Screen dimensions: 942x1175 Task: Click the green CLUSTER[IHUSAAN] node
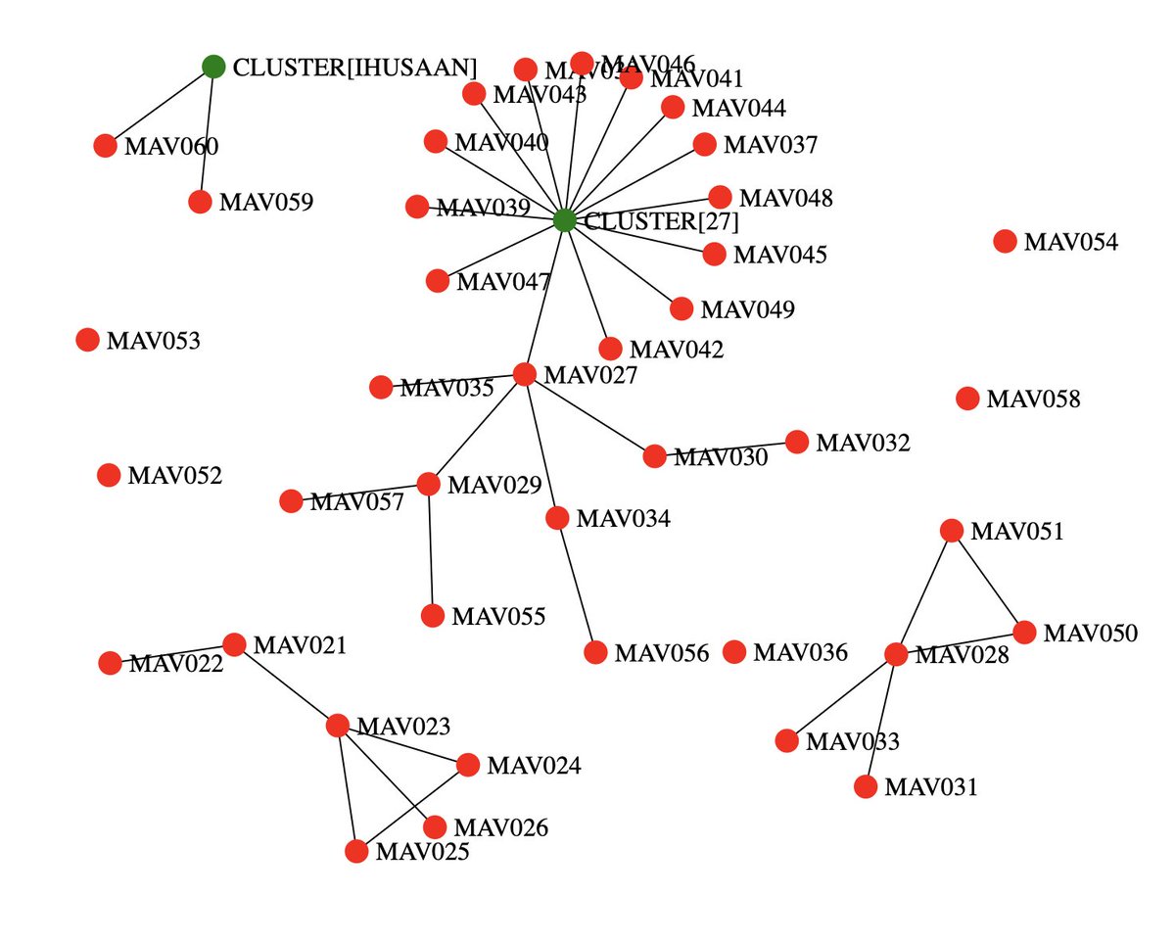point(213,67)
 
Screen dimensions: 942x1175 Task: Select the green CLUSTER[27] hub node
point(564,220)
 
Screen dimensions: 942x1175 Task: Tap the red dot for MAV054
point(1005,241)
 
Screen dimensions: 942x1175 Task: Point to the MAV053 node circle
point(87,340)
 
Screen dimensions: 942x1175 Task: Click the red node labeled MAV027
point(524,373)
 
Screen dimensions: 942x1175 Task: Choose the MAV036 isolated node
point(734,651)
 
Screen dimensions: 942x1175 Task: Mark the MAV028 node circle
point(896,654)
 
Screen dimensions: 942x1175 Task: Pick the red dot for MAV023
point(337,726)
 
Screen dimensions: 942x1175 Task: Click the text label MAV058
point(1033,400)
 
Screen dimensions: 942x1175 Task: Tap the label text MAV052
point(174,477)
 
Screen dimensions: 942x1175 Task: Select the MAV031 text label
point(930,787)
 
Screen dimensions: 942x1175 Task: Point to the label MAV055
point(497,617)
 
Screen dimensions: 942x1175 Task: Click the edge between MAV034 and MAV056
point(577,586)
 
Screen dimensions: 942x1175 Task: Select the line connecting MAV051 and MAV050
point(987,581)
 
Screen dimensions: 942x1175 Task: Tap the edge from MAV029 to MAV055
point(431,549)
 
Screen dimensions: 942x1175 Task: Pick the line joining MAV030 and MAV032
point(726,448)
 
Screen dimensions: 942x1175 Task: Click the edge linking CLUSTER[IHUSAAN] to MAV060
point(160,106)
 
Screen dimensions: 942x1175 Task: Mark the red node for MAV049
point(681,309)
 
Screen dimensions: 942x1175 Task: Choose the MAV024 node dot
point(468,765)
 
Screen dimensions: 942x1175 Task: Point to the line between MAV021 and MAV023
point(285,684)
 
